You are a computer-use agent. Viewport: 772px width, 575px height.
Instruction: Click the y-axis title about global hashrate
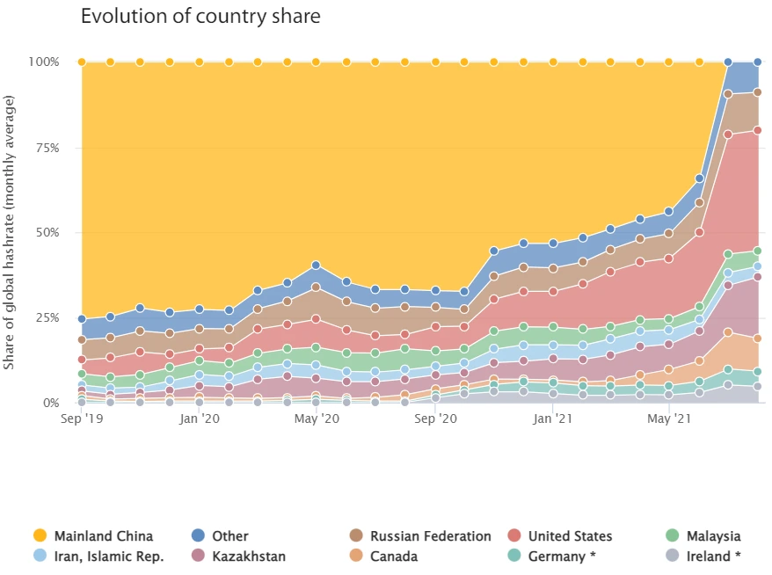(11, 231)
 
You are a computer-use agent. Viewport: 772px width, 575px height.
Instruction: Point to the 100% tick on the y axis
(43, 62)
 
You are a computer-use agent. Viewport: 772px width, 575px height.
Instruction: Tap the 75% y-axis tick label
(46, 148)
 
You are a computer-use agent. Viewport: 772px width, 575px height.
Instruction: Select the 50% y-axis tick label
(46, 233)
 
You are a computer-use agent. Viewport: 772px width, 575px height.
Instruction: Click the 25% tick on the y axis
(46, 318)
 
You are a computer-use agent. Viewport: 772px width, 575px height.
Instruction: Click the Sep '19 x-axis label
(81, 420)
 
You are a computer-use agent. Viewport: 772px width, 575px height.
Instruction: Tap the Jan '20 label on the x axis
(200, 420)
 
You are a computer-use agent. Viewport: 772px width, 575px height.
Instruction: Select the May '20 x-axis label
(317, 420)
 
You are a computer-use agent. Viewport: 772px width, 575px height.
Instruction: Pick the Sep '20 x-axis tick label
(435, 420)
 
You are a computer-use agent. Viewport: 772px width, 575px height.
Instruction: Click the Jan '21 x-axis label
(554, 420)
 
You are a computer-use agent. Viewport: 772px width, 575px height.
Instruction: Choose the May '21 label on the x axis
(670, 420)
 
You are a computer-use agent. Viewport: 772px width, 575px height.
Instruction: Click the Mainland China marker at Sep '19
(81, 62)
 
